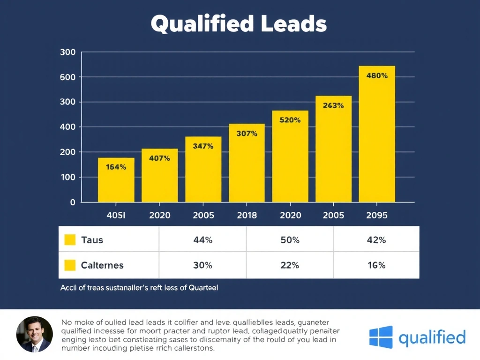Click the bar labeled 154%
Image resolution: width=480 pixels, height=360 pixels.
pyautogui.click(x=116, y=180)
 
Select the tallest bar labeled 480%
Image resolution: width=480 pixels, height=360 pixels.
pyautogui.click(x=377, y=134)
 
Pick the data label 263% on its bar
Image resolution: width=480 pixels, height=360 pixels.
pyautogui.click(x=333, y=105)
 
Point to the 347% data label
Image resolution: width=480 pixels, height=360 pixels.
pyautogui.click(x=203, y=146)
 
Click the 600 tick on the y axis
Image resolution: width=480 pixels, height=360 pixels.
pyautogui.click(x=68, y=77)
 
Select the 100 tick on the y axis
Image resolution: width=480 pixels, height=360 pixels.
pyautogui.click(x=68, y=177)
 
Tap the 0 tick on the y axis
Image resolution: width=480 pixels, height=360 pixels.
pyautogui.click(x=72, y=202)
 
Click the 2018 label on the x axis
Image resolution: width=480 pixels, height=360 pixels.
pyautogui.click(x=247, y=215)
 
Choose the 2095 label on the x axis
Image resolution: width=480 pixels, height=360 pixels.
pyautogui.click(x=377, y=215)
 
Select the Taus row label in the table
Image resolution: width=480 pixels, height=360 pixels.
pyautogui.click(x=92, y=240)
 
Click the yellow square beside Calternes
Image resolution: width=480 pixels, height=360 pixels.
pyautogui.click(x=69, y=265)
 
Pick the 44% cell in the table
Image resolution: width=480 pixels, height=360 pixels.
pyautogui.click(x=202, y=240)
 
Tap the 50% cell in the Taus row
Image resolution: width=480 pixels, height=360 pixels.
pyautogui.click(x=290, y=240)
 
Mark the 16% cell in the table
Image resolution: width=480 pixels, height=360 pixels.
pyautogui.click(x=376, y=265)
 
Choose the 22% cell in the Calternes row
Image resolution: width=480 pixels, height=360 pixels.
pyautogui.click(x=290, y=265)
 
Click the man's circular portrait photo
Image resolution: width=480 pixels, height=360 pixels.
pyautogui.click(x=35, y=334)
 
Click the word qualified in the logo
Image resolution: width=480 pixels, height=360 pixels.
pyautogui.click(x=432, y=337)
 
